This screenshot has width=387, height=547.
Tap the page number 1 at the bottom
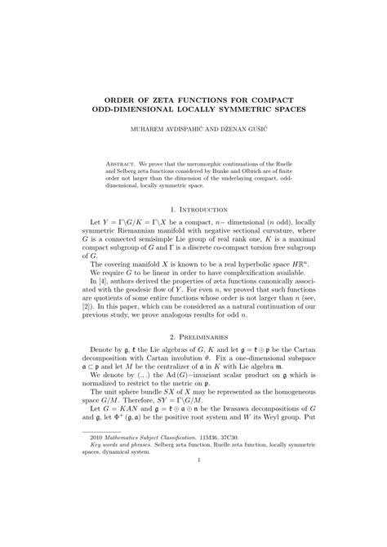(x=193, y=505)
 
